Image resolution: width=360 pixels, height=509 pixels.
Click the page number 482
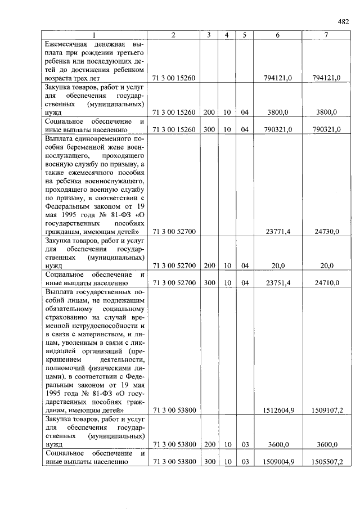[343, 22]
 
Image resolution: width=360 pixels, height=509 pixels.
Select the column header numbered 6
[278, 35]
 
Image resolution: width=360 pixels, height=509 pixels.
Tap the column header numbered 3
[209, 35]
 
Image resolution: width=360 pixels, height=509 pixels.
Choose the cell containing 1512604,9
[279, 411]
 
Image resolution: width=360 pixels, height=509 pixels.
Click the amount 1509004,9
[279, 462]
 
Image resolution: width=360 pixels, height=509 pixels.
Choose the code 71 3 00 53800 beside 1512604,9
[173, 411]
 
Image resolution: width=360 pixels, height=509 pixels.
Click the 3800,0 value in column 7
[327, 112]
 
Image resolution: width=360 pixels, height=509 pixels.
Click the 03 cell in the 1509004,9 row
[245, 462]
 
